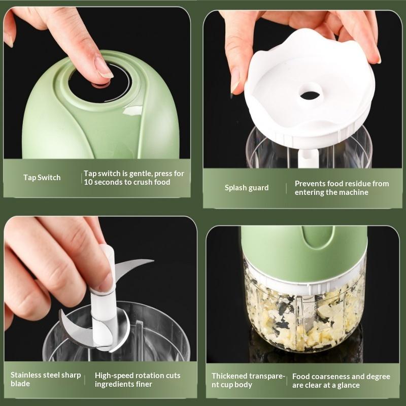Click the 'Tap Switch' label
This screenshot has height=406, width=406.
[x=42, y=178]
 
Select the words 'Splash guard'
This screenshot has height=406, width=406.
[x=247, y=188]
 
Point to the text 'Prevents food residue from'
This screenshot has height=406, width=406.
[x=342, y=184]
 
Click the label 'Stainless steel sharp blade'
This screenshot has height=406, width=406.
[x=46, y=379]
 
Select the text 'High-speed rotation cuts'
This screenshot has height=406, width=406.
[x=138, y=376]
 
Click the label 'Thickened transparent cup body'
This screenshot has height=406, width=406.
[x=248, y=380]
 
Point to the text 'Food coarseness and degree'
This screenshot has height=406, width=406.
[x=341, y=377]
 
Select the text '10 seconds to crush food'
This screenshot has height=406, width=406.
[x=127, y=182]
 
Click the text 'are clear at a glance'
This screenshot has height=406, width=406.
[x=326, y=385]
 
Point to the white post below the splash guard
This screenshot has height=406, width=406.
[x=308, y=158]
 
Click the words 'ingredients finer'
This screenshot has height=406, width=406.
[x=123, y=384]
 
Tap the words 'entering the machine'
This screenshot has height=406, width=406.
[x=331, y=192]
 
